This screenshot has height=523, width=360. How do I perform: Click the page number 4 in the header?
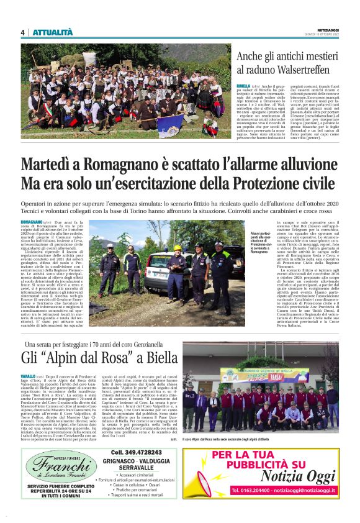pyautogui.click(x=22, y=32)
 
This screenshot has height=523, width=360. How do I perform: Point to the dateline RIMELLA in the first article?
pyautogui.click(x=243, y=86)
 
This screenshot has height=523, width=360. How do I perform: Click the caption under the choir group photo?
pyautogui.click(x=261, y=439)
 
